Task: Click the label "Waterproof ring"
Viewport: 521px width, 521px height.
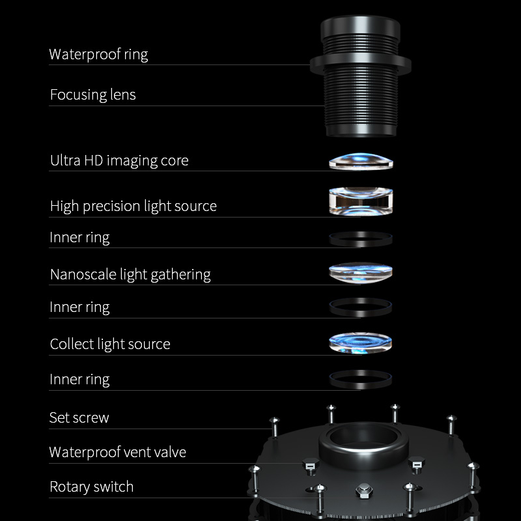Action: coord(98,54)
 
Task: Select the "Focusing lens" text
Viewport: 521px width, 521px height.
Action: coord(92,94)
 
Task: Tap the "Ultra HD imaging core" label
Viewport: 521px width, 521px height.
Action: coord(119,160)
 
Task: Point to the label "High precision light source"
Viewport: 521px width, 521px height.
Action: coord(133,206)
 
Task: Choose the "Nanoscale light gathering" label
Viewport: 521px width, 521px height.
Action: coord(130,274)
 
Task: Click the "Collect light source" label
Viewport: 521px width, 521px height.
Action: coord(110,344)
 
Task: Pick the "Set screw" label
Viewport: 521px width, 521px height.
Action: coord(79,417)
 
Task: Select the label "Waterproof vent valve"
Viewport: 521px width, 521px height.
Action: coord(117,452)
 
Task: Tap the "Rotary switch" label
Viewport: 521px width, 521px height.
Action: coord(91,486)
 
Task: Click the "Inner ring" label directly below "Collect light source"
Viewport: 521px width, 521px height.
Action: coord(79,379)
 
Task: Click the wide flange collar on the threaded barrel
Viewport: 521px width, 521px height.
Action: coord(360,63)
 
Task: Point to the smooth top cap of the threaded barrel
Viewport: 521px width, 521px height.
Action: coord(360,29)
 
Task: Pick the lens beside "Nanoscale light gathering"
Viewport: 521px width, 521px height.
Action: coord(361,272)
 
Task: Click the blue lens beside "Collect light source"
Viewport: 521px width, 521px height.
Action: coord(361,343)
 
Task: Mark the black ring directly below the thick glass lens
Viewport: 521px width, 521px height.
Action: coord(361,239)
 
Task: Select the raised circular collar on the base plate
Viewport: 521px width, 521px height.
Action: coord(363,443)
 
